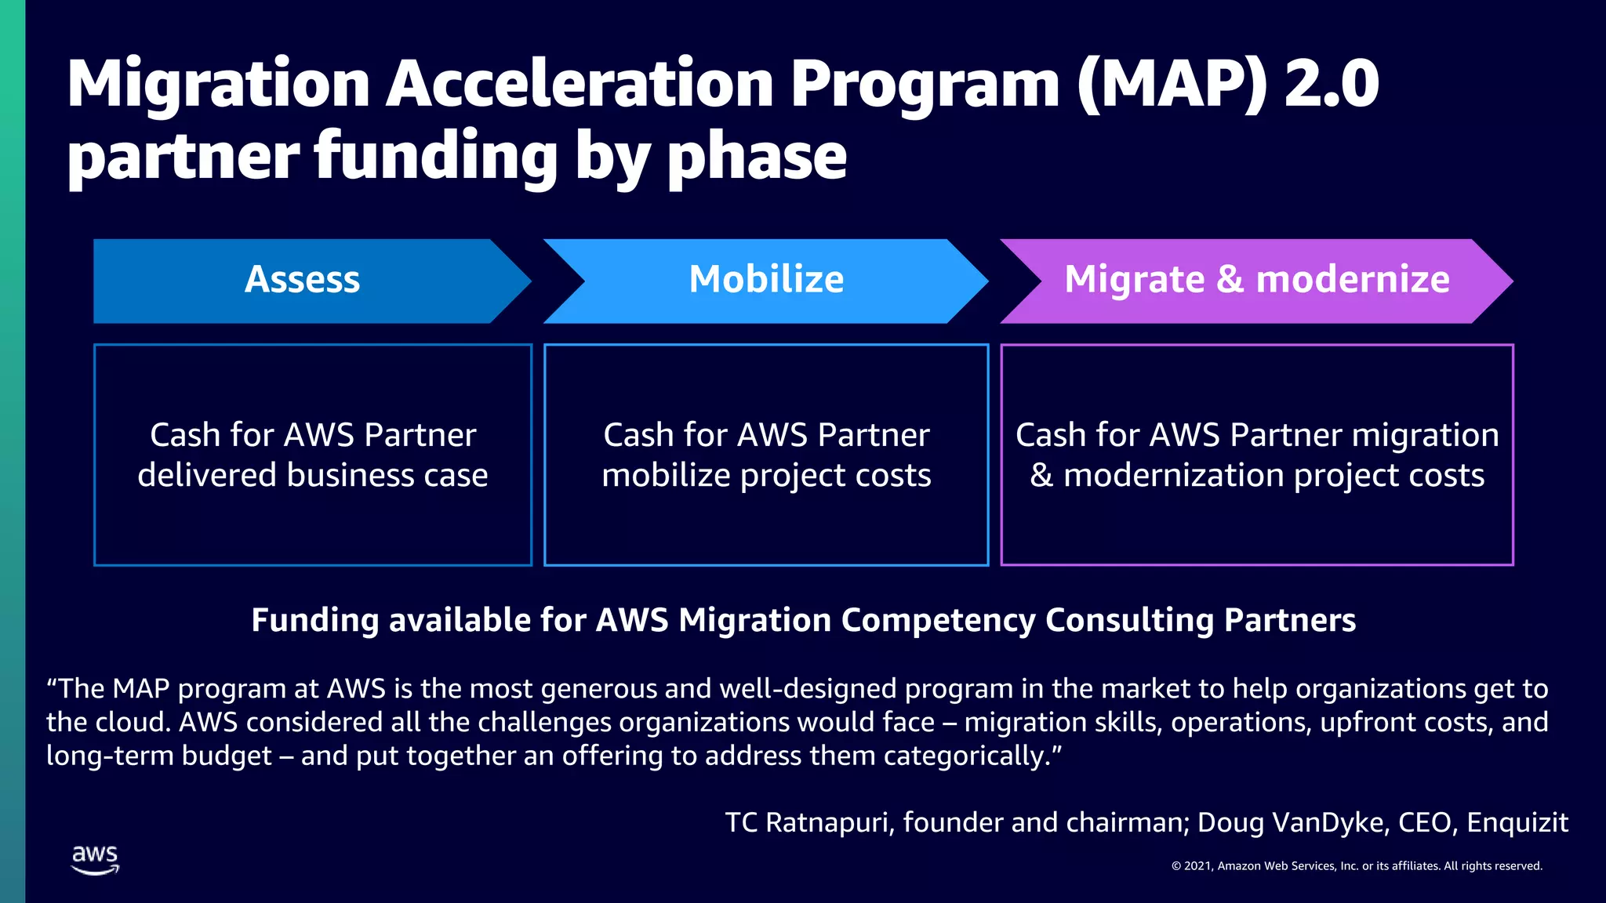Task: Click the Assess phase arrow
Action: click(x=303, y=281)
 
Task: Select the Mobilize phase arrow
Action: click(x=766, y=281)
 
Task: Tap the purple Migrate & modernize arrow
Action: click(x=1256, y=281)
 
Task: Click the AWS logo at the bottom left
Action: click(x=95, y=859)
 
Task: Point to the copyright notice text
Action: click(x=1357, y=866)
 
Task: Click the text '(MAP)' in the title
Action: click(x=1172, y=84)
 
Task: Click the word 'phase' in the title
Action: click(x=757, y=157)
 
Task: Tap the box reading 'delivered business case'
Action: click(x=313, y=455)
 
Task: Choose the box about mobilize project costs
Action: click(x=766, y=455)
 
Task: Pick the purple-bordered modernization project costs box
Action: click(x=1256, y=455)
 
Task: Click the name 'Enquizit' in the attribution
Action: click(x=1517, y=822)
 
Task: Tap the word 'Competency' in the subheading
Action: click(x=939, y=620)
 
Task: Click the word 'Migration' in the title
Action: click(x=218, y=84)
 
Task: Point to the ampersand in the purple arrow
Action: click(x=1230, y=280)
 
